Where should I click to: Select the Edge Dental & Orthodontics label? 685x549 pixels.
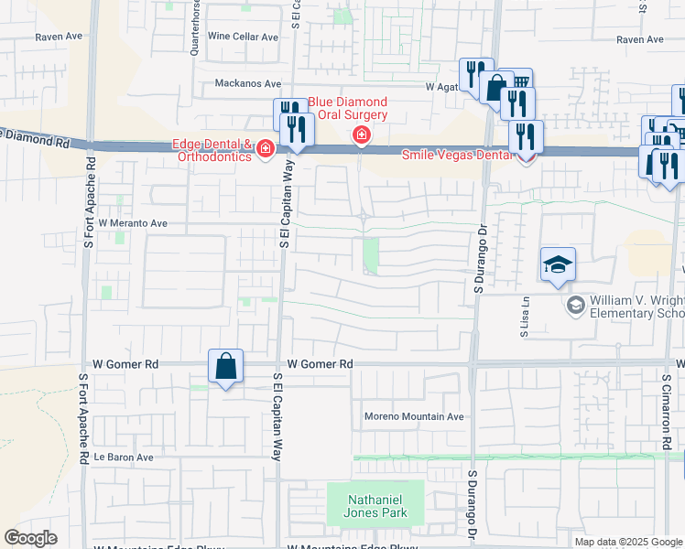(x=212, y=150)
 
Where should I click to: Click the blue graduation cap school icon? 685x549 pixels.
(x=558, y=265)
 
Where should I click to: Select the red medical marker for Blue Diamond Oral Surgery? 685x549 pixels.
(x=362, y=136)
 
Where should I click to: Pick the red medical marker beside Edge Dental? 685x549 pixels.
(x=266, y=148)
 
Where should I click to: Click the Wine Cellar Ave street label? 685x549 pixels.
(x=243, y=37)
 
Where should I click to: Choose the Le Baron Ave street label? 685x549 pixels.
(x=123, y=457)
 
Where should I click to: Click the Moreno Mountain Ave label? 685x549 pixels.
(x=416, y=416)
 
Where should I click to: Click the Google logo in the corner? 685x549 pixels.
(x=30, y=538)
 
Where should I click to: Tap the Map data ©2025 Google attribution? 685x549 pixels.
(x=628, y=542)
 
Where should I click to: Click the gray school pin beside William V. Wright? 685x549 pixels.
(x=576, y=304)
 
